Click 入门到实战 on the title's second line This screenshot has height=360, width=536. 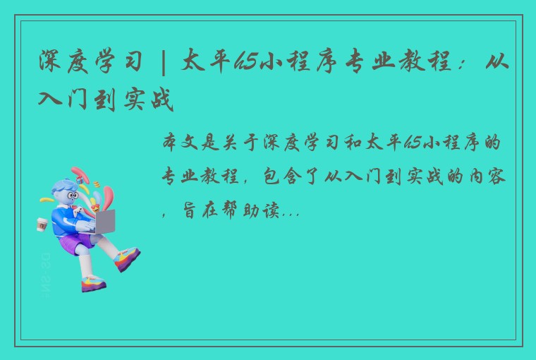point(106,100)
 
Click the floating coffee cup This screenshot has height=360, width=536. point(42,224)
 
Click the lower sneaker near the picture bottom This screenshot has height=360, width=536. point(94,284)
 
